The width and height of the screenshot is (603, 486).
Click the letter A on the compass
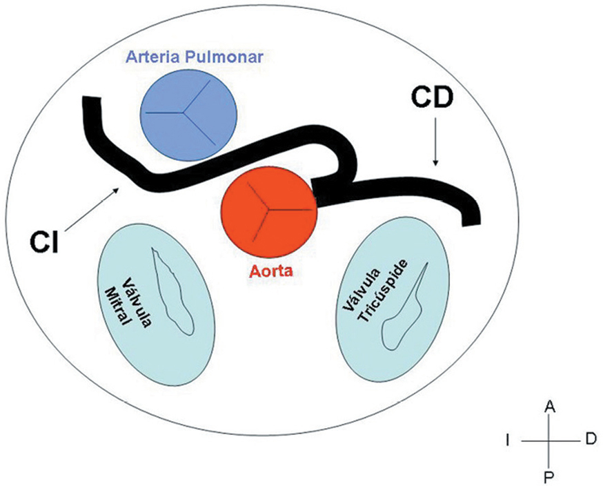[x=550, y=407]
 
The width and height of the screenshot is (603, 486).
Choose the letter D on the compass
[x=590, y=440]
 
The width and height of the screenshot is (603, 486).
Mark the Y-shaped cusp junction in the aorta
[x=266, y=206]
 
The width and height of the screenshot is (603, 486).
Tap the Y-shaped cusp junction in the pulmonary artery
[x=186, y=110]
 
